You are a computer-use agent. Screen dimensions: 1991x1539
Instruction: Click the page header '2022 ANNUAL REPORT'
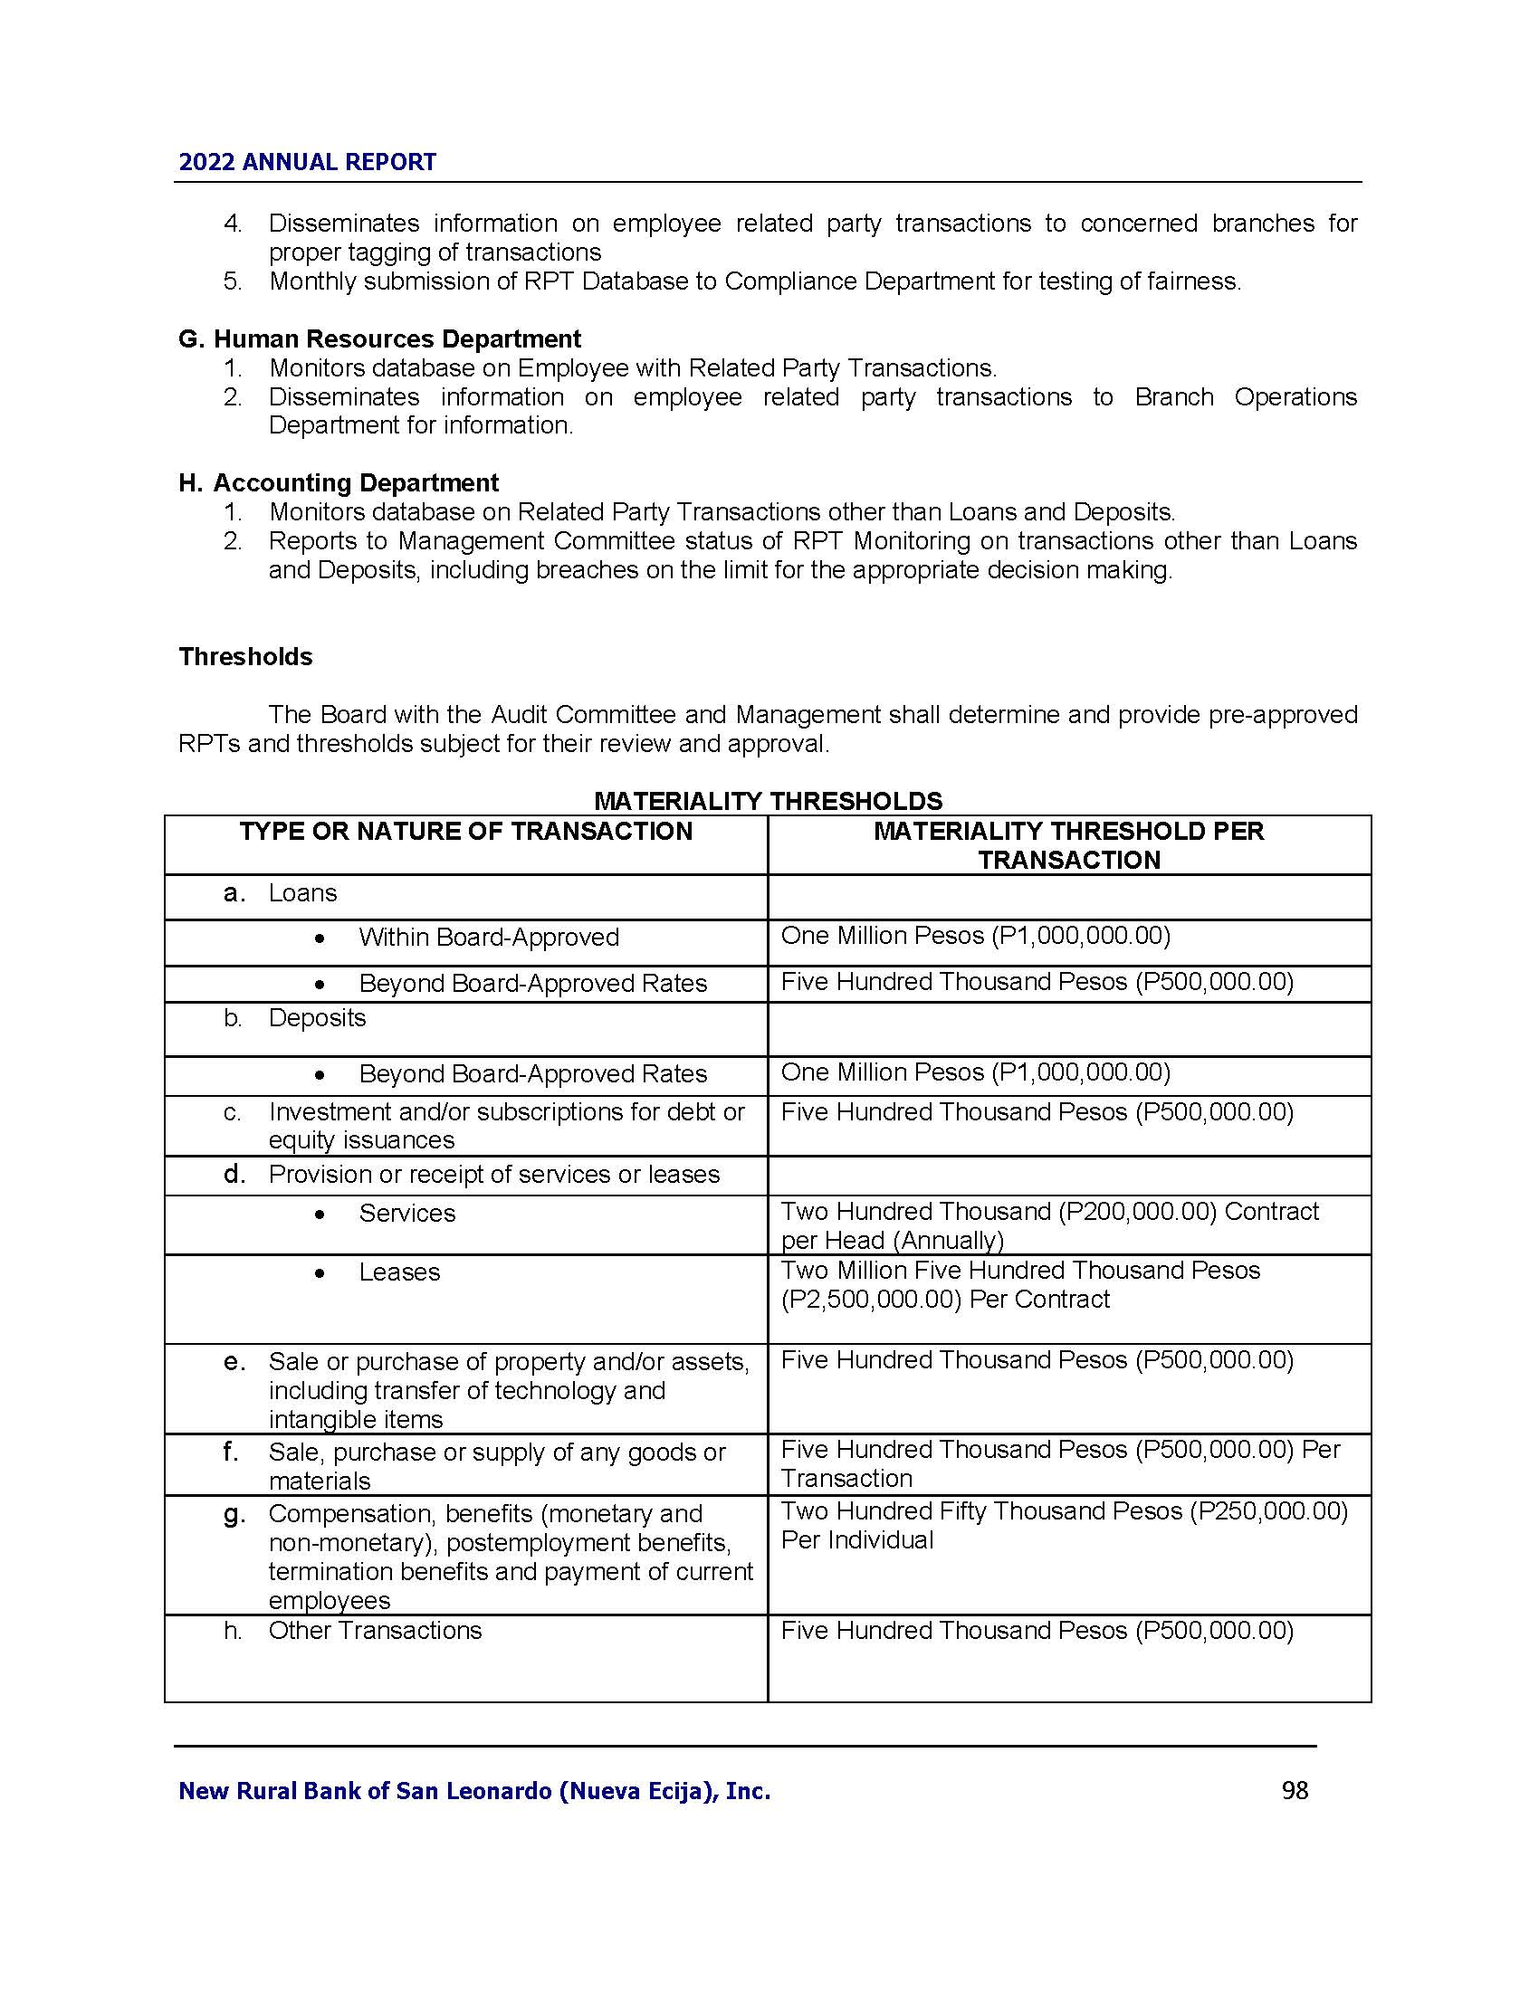coord(307,162)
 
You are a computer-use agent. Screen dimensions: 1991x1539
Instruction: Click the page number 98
coord(1295,1790)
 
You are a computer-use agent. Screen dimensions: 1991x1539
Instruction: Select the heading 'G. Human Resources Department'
coord(379,339)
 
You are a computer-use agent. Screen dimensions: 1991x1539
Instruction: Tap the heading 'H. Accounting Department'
coord(339,482)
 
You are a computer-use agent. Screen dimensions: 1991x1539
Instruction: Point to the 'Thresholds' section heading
coord(245,656)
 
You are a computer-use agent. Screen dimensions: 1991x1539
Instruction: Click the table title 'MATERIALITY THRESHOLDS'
coord(768,800)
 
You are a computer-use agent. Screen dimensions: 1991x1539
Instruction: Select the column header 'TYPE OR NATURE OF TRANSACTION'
coord(466,832)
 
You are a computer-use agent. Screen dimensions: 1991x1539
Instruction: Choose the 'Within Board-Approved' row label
coord(489,938)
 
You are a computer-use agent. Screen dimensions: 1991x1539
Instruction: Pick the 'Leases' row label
coord(399,1272)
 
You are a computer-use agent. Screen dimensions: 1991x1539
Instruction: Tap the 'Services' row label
coord(406,1213)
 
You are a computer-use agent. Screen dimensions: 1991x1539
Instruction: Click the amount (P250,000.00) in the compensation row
coord(1268,1510)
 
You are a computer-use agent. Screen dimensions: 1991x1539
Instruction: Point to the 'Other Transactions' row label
coord(375,1630)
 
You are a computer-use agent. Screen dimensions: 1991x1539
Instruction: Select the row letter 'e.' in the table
coord(234,1362)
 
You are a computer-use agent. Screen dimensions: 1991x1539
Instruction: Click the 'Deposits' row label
coord(316,1017)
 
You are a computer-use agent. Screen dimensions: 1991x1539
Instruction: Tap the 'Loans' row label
coord(302,892)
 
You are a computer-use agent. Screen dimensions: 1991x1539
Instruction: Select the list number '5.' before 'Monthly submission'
coord(234,281)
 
